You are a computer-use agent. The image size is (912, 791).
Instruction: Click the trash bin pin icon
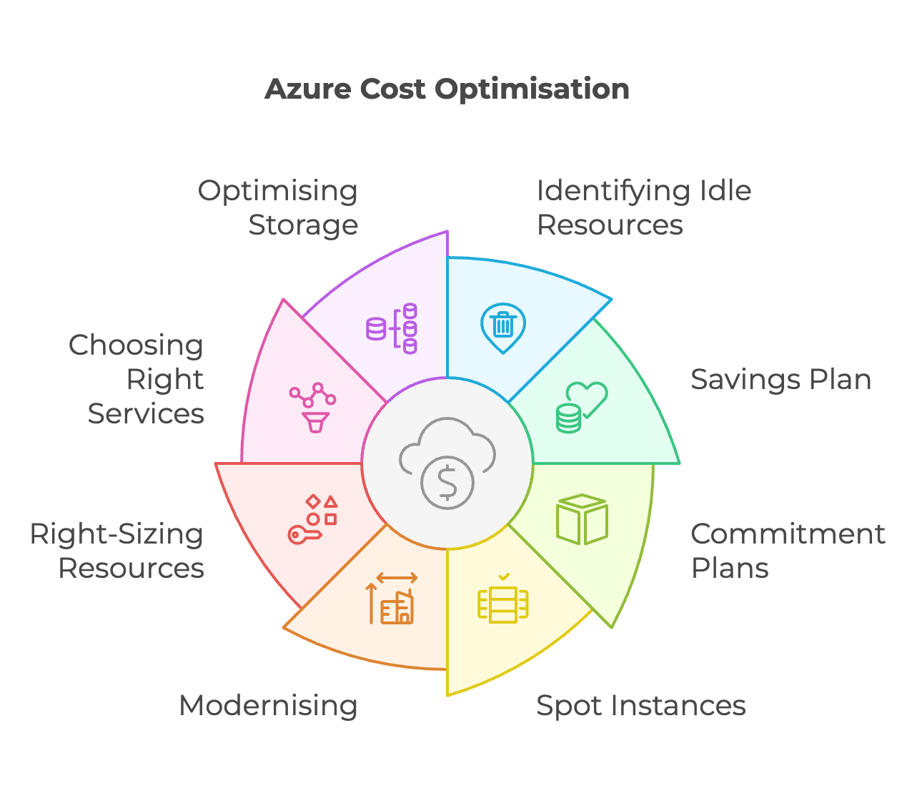click(503, 327)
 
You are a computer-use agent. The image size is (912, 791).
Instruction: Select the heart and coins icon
click(582, 408)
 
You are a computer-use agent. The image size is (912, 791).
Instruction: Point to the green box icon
click(582, 519)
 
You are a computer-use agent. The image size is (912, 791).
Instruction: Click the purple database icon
click(392, 328)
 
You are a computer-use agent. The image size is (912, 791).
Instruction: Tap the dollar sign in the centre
click(447, 483)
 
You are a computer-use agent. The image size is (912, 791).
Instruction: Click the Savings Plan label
click(780, 380)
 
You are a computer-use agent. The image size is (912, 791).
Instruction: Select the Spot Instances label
click(640, 706)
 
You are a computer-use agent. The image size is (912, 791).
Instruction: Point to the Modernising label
click(268, 706)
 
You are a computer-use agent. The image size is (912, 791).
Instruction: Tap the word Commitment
click(788, 534)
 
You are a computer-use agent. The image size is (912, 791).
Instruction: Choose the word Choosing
click(136, 346)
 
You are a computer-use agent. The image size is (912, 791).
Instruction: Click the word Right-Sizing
click(117, 534)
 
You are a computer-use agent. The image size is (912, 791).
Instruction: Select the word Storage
click(303, 225)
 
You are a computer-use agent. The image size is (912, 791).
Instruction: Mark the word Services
click(146, 414)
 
